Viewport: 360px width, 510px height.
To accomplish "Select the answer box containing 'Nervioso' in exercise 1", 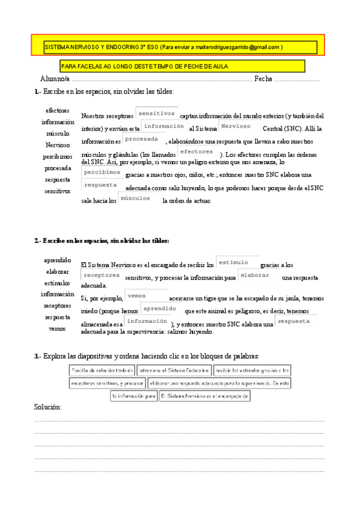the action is pyautogui.click(x=235, y=127).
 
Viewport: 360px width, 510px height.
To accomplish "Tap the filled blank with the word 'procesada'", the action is pyautogui.click(x=143, y=140).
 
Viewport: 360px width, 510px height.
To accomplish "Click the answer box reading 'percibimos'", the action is pyautogui.click(x=102, y=173).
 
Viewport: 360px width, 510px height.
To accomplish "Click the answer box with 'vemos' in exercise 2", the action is pyautogui.click(x=146, y=296).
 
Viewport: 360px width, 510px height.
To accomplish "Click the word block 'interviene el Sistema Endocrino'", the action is pyautogui.click(x=172, y=370).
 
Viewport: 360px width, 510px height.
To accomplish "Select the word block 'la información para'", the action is pyautogui.click(x=133, y=396).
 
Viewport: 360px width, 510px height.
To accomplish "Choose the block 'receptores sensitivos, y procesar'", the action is pyautogui.click(x=108, y=383).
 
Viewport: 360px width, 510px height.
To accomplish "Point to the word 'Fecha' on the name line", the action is pyautogui.click(x=263, y=79).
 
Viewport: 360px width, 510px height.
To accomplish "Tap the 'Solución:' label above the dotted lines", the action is pyautogui.click(x=48, y=408).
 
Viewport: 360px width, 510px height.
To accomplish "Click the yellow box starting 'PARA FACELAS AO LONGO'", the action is pyautogui.click(x=182, y=66).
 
